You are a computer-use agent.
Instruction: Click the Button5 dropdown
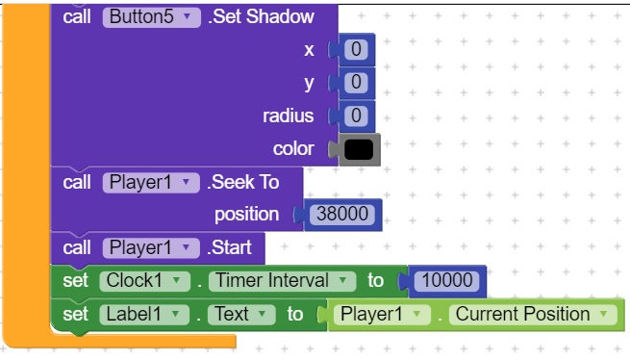click(151, 17)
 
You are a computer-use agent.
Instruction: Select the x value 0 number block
click(356, 49)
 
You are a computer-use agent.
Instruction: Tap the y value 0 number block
click(356, 83)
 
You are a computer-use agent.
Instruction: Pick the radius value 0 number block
click(356, 116)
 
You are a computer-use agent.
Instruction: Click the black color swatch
click(359, 149)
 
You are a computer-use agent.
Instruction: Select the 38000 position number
click(341, 214)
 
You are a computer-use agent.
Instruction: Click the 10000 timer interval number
click(446, 280)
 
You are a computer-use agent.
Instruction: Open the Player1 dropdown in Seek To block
click(151, 183)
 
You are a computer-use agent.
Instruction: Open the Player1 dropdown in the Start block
click(151, 247)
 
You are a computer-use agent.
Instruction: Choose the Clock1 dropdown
click(144, 281)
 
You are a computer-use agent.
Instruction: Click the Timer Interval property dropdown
click(282, 281)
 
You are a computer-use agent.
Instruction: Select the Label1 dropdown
click(144, 315)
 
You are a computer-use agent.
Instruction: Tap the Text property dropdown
click(241, 315)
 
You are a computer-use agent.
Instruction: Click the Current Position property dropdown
click(533, 315)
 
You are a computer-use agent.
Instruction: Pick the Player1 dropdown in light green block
click(382, 315)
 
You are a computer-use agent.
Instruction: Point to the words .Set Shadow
click(261, 17)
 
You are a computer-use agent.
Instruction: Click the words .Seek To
click(242, 182)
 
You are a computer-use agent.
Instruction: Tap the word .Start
click(229, 247)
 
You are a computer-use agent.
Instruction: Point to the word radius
click(289, 116)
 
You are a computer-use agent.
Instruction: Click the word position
click(246, 215)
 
